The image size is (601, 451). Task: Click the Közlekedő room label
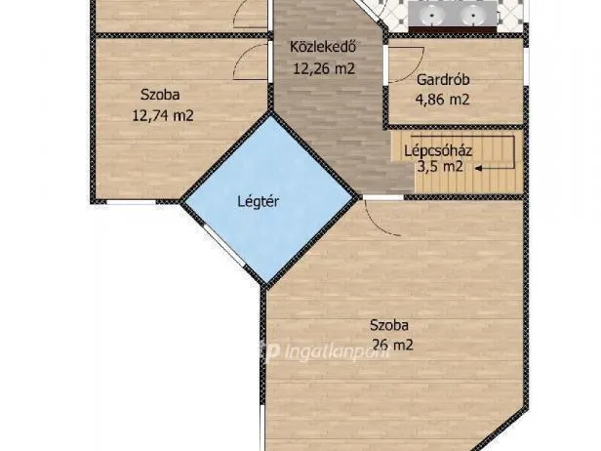tap(323, 47)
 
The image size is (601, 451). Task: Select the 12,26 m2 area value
tap(324, 68)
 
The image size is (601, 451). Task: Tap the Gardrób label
tap(443, 80)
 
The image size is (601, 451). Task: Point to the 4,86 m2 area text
tap(442, 100)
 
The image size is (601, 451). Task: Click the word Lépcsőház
tap(438, 150)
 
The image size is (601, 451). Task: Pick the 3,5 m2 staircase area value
tap(440, 167)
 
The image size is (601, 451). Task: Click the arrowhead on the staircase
tap(479, 168)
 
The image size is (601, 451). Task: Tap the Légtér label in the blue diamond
tap(258, 201)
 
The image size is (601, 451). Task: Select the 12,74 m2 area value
tap(163, 115)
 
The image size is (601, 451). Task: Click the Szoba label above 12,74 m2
tap(160, 95)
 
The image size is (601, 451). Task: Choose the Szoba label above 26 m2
tap(389, 325)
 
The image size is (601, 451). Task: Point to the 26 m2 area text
tap(393, 346)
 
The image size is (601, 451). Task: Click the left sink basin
tap(431, 16)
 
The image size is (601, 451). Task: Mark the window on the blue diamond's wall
tap(223, 246)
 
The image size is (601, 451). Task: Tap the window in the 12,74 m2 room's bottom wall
tap(132, 201)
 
